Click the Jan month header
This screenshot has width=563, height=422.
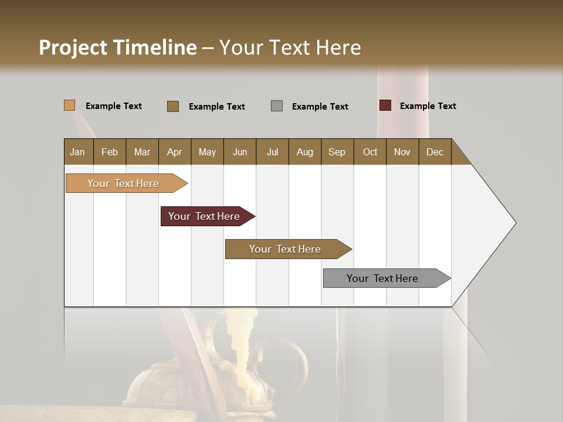click(78, 152)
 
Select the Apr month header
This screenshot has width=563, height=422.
click(174, 152)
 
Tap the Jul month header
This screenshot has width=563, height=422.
click(272, 152)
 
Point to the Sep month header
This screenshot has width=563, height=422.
click(337, 152)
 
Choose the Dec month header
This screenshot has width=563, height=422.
click(435, 152)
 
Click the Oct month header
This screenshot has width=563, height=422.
click(369, 152)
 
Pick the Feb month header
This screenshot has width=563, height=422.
click(110, 152)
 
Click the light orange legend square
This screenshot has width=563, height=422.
click(69, 105)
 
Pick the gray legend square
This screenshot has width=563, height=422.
click(277, 106)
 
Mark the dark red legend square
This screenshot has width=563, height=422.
click(385, 105)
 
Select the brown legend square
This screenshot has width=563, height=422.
click(173, 106)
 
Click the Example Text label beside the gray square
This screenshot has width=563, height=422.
click(320, 107)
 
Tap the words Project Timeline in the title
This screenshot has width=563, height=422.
click(118, 47)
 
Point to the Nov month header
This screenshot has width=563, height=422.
click(402, 152)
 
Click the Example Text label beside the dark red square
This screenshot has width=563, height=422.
click(428, 106)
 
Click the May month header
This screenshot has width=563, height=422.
click(207, 152)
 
